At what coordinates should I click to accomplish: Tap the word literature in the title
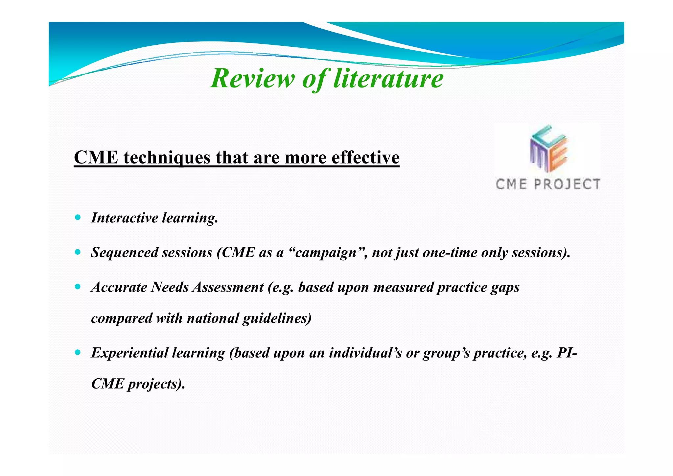tap(388, 78)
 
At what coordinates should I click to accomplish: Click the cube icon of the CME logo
tap(548, 149)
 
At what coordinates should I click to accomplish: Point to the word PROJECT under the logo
tap(567, 184)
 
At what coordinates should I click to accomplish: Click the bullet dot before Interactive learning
tap(78, 217)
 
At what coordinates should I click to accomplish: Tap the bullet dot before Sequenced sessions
tap(78, 252)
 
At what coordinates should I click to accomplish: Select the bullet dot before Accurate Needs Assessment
tap(78, 287)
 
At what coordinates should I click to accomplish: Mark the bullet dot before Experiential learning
tap(78, 353)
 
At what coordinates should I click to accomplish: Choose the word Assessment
tap(228, 287)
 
